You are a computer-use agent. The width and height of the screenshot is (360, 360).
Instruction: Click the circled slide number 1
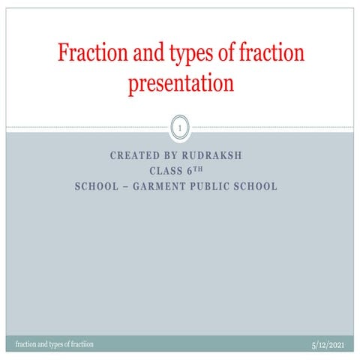click(x=180, y=130)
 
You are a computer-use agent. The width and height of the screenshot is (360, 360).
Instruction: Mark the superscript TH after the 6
click(x=199, y=169)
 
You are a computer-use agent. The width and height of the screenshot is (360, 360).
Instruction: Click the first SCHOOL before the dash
click(x=97, y=186)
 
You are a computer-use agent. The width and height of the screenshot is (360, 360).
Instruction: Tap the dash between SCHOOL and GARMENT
click(x=125, y=186)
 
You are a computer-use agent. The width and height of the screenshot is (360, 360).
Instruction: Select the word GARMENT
click(x=158, y=186)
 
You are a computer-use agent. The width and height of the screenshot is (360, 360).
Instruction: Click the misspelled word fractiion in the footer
click(x=77, y=343)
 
